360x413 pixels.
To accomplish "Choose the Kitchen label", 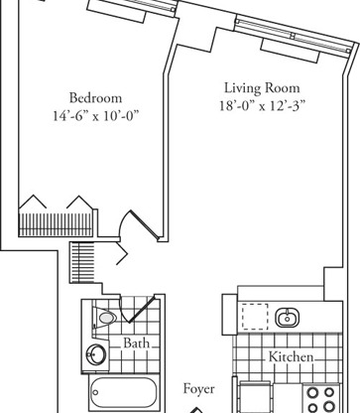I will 292,355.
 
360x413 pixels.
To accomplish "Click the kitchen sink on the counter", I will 287,318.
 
